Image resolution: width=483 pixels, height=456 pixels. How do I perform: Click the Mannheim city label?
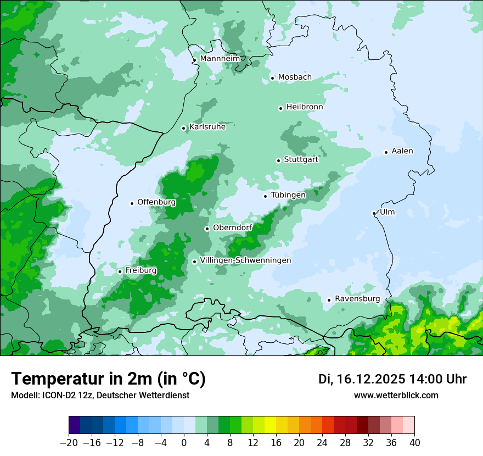(x=220, y=58)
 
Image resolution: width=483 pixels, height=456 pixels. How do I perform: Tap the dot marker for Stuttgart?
(x=279, y=160)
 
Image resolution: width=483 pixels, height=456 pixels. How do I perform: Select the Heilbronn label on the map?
(x=305, y=107)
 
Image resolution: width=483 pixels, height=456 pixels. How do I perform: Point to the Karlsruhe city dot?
(x=184, y=129)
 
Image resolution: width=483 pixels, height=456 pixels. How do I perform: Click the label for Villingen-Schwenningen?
(x=245, y=260)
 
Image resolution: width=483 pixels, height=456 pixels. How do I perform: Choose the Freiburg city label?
(x=141, y=270)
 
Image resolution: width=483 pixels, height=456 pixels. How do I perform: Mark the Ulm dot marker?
(x=374, y=213)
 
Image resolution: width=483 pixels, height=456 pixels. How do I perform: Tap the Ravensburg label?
(x=357, y=299)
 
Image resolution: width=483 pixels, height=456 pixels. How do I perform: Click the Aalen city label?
(x=402, y=151)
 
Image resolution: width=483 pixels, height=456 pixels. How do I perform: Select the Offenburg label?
(x=156, y=202)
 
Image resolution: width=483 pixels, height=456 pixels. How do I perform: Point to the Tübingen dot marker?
(x=266, y=196)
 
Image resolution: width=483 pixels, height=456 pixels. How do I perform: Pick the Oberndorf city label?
(x=232, y=227)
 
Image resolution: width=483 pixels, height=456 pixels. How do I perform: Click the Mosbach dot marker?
(x=272, y=78)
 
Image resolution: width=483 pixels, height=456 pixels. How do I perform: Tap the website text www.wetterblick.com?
(x=396, y=396)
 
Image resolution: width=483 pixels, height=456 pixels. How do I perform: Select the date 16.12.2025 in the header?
(x=371, y=379)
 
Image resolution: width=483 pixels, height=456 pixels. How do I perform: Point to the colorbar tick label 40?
(x=414, y=443)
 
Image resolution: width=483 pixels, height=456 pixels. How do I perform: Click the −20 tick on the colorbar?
(x=69, y=443)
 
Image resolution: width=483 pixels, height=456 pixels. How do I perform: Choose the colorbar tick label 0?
(x=184, y=443)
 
